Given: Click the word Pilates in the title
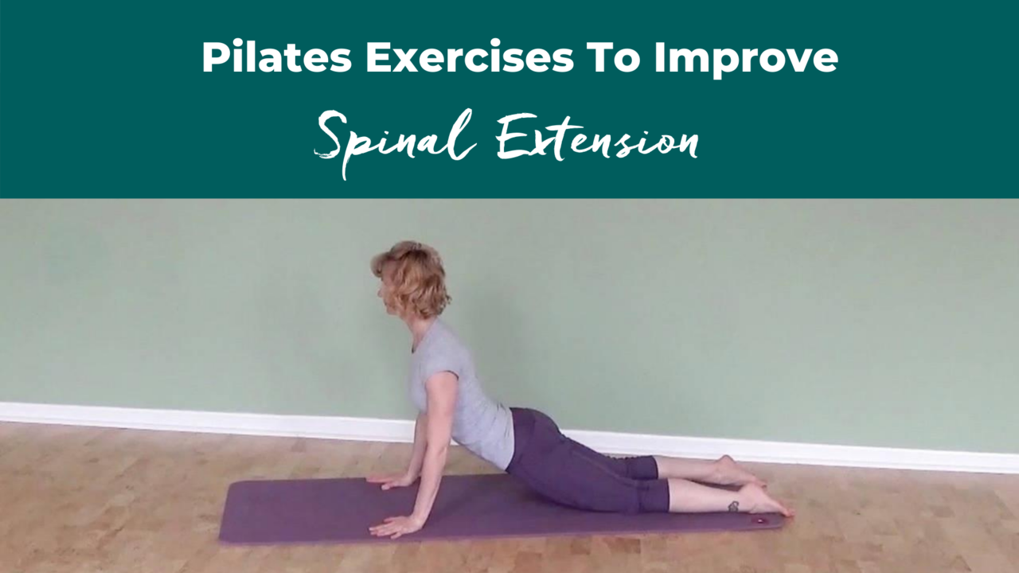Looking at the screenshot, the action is pos(277,57).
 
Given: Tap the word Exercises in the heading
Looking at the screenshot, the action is pos(470,57).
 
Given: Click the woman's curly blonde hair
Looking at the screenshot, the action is pos(414,279).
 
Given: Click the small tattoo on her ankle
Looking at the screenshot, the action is pos(733,505).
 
